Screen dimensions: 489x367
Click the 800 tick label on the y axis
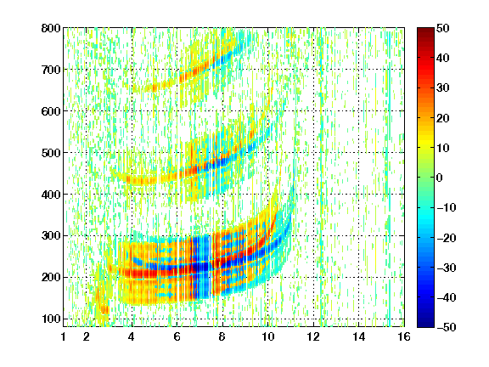click(x=51, y=28)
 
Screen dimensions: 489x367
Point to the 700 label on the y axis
click(x=51, y=70)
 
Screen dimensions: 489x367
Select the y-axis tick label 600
click(x=51, y=111)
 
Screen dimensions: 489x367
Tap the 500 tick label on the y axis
click(x=51, y=153)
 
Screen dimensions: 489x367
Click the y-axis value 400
click(x=51, y=194)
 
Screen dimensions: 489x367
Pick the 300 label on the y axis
click(x=51, y=235)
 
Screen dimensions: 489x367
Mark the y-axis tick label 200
click(x=51, y=277)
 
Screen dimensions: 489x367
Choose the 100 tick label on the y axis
click(x=51, y=319)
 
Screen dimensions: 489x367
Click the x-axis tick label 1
click(x=64, y=336)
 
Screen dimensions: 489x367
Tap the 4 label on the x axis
click(x=132, y=336)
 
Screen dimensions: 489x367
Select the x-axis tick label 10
click(x=267, y=336)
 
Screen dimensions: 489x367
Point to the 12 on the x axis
click(x=313, y=336)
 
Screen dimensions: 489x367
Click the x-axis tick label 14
click(x=358, y=336)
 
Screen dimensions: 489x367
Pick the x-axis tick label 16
click(x=404, y=336)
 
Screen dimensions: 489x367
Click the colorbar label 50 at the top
click(x=442, y=28)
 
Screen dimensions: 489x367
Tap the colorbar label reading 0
click(x=440, y=178)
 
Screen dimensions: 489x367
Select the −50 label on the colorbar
click(x=447, y=327)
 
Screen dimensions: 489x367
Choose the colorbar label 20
click(x=442, y=118)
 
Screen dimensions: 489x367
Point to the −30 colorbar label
click(x=447, y=268)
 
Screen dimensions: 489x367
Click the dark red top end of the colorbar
click(x=425, y=30)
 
